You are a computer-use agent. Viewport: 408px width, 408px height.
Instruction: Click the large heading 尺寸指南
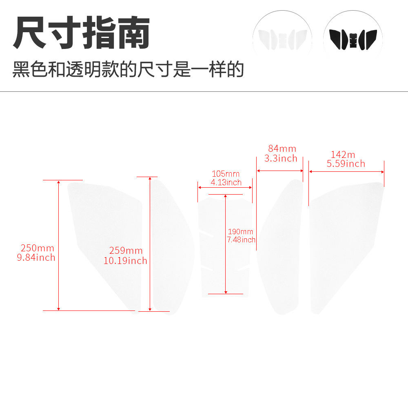point(82,33)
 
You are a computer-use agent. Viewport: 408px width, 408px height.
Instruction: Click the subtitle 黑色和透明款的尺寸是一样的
point(128,69)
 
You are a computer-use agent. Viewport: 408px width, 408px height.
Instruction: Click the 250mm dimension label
point(38,248)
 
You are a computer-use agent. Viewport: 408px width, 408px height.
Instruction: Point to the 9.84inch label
point(36,257)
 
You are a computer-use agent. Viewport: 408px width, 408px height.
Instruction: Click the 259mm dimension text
point(126,251)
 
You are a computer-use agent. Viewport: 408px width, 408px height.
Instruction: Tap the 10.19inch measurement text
point(125,261)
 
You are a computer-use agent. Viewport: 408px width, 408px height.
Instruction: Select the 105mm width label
point(226,174)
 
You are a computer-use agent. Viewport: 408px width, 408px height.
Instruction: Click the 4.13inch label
point(226,182)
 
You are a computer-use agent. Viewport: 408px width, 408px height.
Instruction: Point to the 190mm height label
point(240,232)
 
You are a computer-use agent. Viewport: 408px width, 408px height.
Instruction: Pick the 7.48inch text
point(241,239)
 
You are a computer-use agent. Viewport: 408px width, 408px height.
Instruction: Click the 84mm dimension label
point(282,149)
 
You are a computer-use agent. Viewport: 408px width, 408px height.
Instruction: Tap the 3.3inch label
point(281,158)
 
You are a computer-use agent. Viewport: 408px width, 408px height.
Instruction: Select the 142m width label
point(343,155)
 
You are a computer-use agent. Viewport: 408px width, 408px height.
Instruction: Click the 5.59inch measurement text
point(346,164)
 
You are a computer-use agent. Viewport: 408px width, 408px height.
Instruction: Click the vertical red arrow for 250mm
point(58,245)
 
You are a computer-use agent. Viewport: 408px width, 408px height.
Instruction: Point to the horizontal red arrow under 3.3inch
point(280,171)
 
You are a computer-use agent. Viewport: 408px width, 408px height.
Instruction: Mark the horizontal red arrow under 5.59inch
point(346,172)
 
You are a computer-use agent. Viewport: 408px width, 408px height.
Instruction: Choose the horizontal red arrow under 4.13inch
point(225,187)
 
